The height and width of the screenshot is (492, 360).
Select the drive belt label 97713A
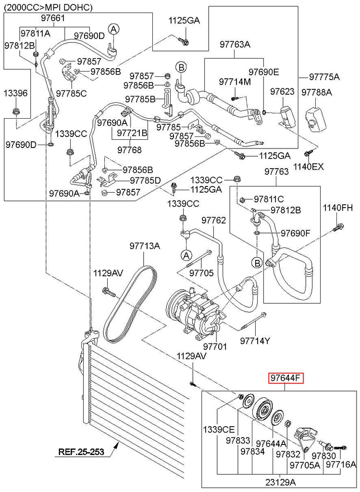point(144,246)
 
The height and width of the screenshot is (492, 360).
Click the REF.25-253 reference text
point(81,452)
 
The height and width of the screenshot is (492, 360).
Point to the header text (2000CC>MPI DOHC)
point(48,7)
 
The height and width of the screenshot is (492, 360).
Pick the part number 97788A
point(317,91)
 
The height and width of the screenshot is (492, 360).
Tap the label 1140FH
point(337,208)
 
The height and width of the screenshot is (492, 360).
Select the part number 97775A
point(324,77)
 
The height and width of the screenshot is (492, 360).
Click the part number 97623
point(282,91)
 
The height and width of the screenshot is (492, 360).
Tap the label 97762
point(213,220)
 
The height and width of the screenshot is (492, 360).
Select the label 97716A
point(341,464)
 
